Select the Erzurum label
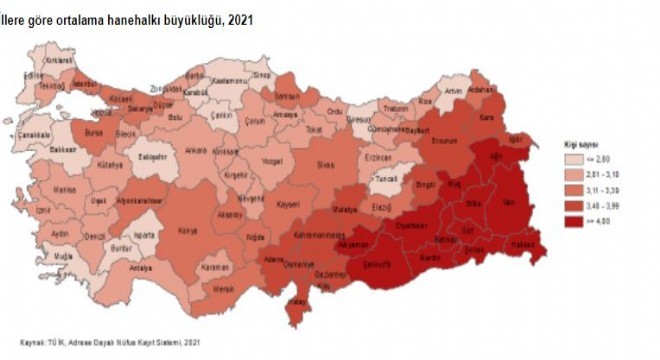pyautogui.click(x=443, y=139)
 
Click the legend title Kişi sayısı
pyautogui.click(x=579, y=144)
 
